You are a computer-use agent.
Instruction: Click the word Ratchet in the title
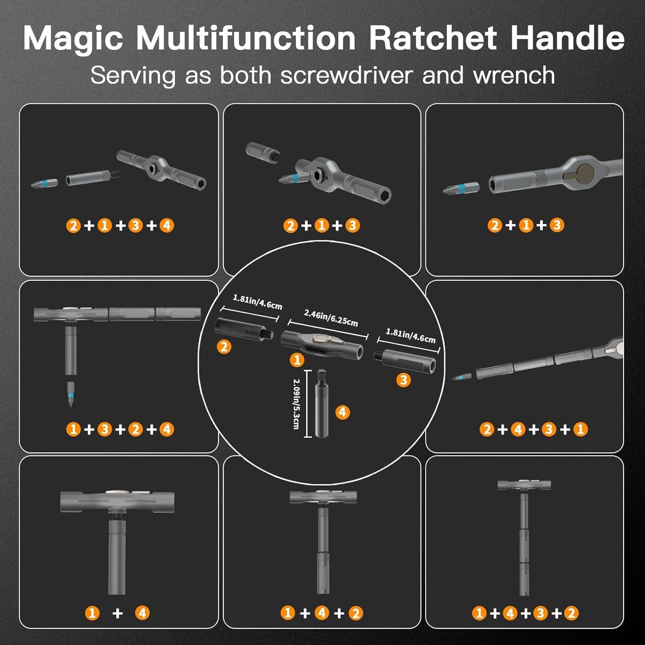click(433, 39)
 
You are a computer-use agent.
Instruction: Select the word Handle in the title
click(567, 39)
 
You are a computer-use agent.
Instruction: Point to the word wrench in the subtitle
click(514, 75)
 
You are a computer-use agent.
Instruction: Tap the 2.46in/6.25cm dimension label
click(331, 318)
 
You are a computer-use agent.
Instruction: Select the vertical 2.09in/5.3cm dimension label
click(296, 403)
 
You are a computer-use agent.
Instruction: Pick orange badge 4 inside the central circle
click(342, 412)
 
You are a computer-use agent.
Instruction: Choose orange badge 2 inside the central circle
click(224, 347)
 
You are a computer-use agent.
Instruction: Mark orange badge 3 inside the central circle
click(403, 380)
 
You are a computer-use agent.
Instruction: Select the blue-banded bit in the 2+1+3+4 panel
click(45, 183)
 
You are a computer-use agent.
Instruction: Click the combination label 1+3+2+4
click(120, 429)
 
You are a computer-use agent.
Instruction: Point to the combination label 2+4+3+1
click(533, 429)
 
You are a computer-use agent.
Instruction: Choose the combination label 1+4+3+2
click(525, 613)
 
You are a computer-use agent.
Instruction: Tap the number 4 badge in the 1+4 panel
click(143, 613)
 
